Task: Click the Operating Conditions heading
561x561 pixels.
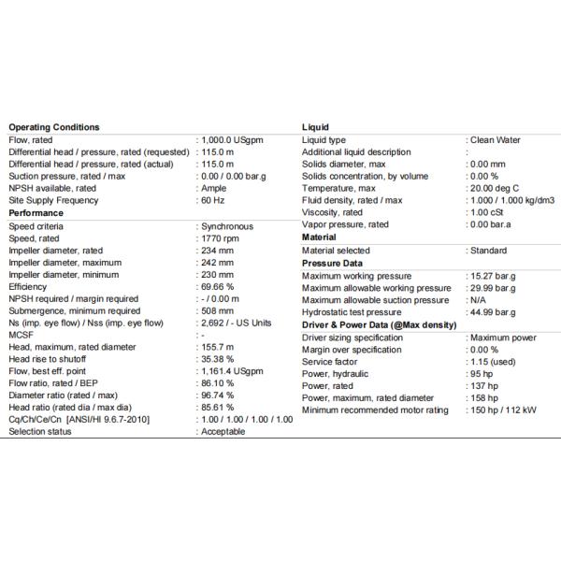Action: click(x=53, y=127)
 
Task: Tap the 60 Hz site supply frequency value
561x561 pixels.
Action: click(x=213, y=200)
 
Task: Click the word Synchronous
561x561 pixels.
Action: click(x=227, y=225)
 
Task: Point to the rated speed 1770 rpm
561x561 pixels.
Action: click(x=221, y=237)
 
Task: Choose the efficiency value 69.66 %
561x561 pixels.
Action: click(x=217, y=286)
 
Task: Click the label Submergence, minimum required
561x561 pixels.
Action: click(x=74, y=310)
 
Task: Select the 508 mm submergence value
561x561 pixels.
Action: click(x=217, y=310)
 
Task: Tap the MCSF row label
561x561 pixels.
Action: click(x=21, y=335)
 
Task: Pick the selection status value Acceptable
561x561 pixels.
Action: click(x=223, y=432)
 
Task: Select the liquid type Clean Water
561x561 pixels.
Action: click(x=496, y=139)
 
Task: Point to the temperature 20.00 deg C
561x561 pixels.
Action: click(x=496, y=188)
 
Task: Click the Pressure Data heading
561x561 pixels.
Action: click(x=331, y=263)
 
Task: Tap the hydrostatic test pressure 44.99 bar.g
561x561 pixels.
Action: click(x=494, y=311)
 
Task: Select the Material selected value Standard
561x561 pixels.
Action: click(x=489, y=250)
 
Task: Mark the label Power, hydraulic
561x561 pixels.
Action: click(x=334, y=372)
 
